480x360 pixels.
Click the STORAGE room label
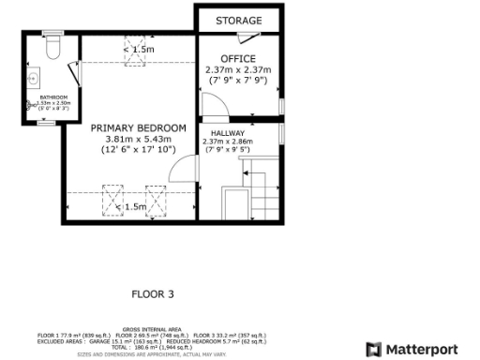[x=238, y=21]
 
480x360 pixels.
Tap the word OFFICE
[x=237, y=59]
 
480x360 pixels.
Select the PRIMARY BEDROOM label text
[x=138, y=127]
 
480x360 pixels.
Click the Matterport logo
[x=413, y=349]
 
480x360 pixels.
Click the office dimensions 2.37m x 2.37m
[x=237, y=70]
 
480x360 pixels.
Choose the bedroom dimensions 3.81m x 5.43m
[x=138, y=139]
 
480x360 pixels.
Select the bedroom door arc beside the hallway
[x=183, y=171]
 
